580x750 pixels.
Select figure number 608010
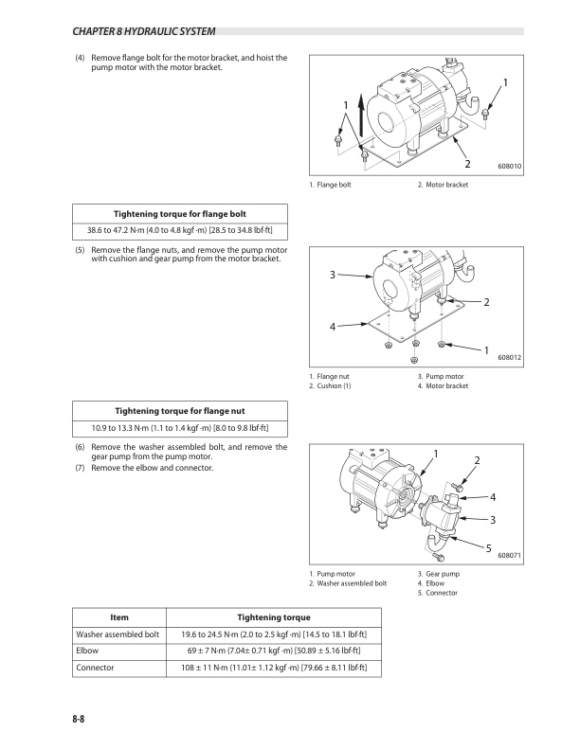[x=510, y=167]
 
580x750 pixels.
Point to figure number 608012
[x=510, y=357]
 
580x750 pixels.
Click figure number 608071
[x=510, y=557]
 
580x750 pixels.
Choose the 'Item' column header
[x=119, y=616]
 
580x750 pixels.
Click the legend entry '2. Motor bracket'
[x=443, y=185]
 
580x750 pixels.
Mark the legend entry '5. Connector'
[x=438, y=593]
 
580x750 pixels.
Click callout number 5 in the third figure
[x=489, y=548]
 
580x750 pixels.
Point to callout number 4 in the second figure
[x=333, y=327]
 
